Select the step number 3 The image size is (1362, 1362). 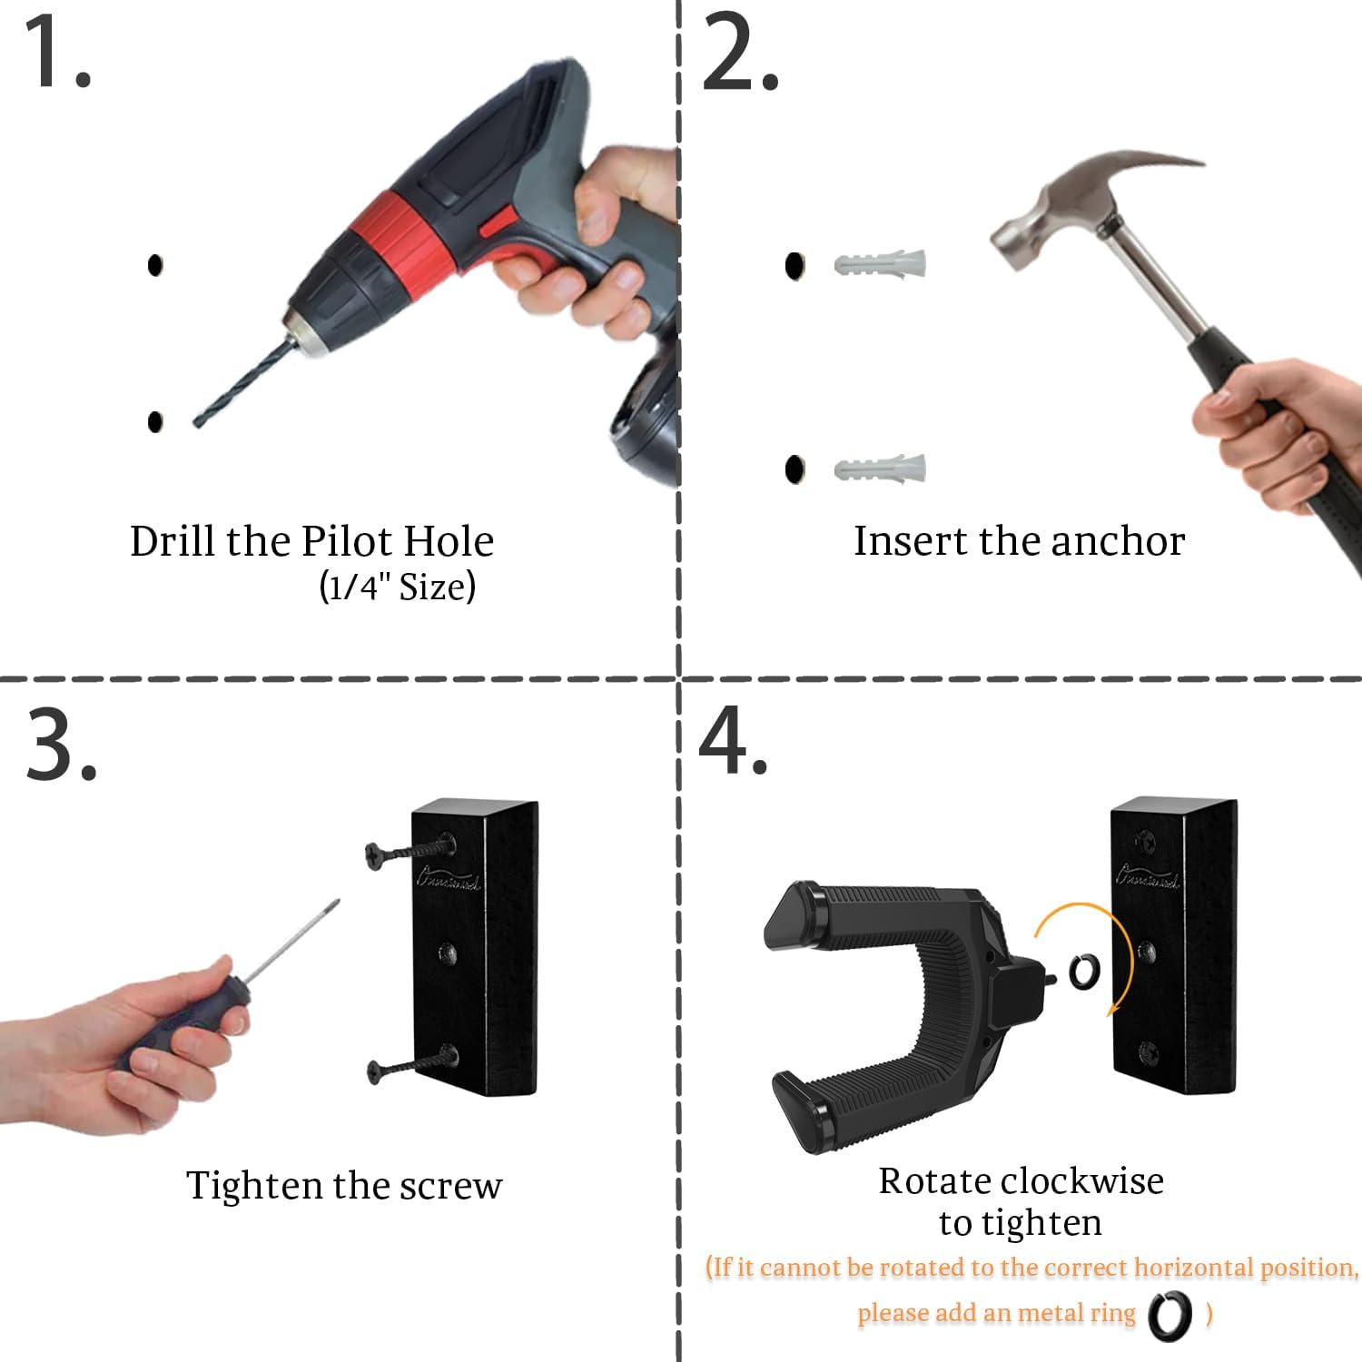click(61, 744)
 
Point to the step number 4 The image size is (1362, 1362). click(733, 740)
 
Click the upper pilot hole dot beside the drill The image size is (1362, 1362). click(155, 264)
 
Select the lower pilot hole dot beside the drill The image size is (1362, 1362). click(155, 421)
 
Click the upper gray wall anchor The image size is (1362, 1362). click(880, 264)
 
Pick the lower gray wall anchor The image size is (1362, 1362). click(880, 469)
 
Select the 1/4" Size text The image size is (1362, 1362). click(397, 587)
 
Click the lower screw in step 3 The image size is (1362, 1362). click(412, 1063)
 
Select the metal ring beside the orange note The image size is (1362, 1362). click(1170, 1316)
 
